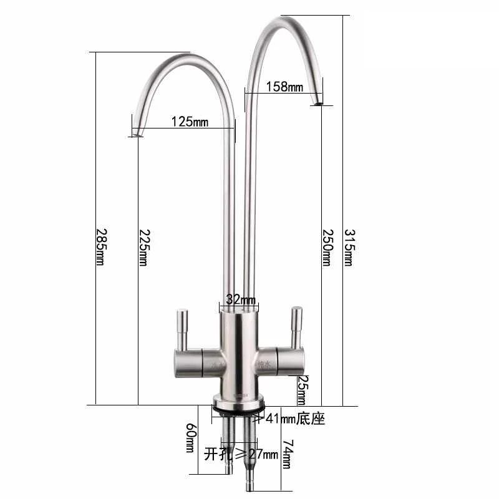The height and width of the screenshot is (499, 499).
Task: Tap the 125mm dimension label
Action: point(189,122)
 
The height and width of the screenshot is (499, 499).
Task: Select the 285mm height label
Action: point(100,246)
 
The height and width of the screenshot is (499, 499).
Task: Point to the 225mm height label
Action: point(143,246)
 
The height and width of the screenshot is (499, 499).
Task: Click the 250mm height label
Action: point(326,246)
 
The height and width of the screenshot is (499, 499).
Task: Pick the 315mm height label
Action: point(348,246)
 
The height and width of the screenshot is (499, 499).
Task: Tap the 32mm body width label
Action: point(238,300)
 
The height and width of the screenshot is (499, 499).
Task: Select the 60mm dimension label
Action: point(191,438)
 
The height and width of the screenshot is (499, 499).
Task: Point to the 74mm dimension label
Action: point(287,455)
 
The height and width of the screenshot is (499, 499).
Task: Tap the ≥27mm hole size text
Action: point(253,453)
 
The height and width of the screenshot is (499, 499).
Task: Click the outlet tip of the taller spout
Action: point(318,102)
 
